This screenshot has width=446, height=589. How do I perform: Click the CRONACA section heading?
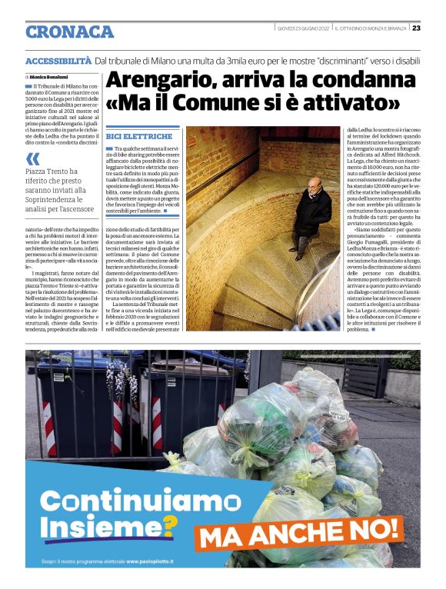click(69, 32)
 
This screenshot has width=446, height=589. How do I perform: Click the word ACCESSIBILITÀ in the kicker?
click(58, 60)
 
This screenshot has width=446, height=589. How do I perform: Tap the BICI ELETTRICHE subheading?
click(130, 136)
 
